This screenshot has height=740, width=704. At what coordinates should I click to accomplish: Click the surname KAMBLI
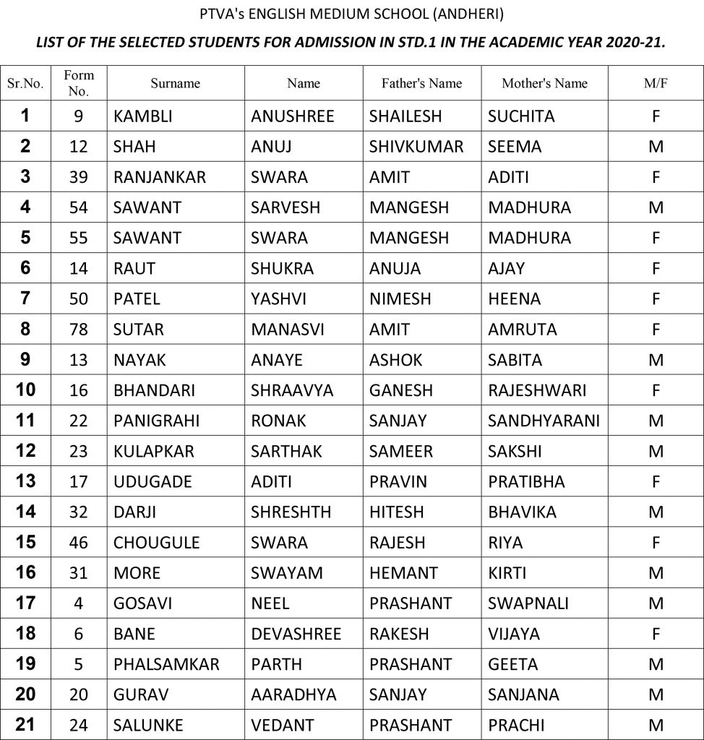pyautogui.click(x=142, y=116)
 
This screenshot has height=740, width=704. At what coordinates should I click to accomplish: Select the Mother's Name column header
pyautogui.click(x=544, y=83)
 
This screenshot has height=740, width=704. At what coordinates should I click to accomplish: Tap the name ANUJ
pyautogui.click(x=271, y=147)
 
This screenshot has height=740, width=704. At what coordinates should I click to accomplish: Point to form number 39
pyautogui.click(x=78, y=177)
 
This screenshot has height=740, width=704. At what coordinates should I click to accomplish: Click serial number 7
pyautogui.click(x=25, y=298)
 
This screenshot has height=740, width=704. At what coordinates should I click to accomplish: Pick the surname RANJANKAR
pyautogui.click(x=160, y=177)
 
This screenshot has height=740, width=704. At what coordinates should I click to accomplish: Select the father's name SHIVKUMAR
pyautogui.click(x=416, y=147)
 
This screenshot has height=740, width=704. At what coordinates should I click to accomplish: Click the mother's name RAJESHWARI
pyautogui.click(x=537, y=390)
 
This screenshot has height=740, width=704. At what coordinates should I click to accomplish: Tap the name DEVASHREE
pyautogui.click(x=296, y=634)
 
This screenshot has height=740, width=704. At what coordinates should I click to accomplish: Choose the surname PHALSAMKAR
pyautogui.click(x=166, y=664)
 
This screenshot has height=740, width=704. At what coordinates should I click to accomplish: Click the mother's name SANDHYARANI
pyautogui.click(x=544, y=421)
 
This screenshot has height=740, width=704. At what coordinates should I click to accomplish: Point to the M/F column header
pyautogui.click(x=656, y=83)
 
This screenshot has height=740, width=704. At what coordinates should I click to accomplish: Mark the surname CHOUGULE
pyautogui.click(x=156, y=543)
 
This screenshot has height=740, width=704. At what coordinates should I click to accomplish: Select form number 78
pyautogui.click(x=78, y=330)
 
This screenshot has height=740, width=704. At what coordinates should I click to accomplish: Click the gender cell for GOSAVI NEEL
pyautogui.click(x=656, y=603)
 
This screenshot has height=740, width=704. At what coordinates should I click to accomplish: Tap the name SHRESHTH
pyautogui.click(x=291, y=512)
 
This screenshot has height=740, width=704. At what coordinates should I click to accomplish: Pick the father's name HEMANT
pyautogui.click(x=403, y=573)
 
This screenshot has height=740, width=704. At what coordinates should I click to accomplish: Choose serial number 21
pyautogui.click(x=25, y=724)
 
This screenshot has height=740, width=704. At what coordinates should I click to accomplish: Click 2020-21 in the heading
pyautogui.click(x=629, y=43)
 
